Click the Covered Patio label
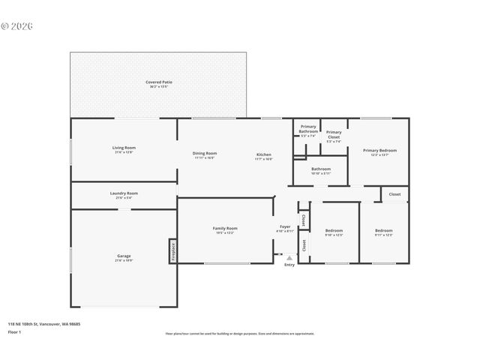(157, 82)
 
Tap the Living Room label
(124, 148)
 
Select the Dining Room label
(205, 154)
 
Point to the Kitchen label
(263, 154)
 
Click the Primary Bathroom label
(308, 129)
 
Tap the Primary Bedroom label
(379, 151)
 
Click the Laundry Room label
(124, 193)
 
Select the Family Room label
(225, 229)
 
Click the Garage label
(123, 256)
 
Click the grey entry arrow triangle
(289, 257)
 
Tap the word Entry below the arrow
(289, 265)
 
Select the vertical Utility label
(303, 244)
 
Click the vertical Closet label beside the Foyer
(303, 220)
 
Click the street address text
(44, 324)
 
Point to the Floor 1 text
(14, 331)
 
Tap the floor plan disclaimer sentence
(240, 334)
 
